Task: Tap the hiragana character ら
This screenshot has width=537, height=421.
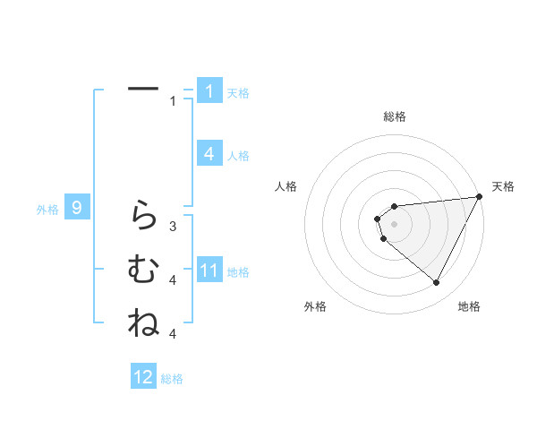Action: click(x=143, y=215)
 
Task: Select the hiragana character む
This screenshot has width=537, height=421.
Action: click(x=143, y=269)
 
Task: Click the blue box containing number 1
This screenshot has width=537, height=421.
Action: click(x=209, y=91)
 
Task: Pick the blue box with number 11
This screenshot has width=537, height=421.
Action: click(x=209, y=271)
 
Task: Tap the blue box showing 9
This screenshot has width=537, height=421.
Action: click(x=78, y=209)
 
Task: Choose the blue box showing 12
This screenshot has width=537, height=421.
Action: click(x=143, y=377)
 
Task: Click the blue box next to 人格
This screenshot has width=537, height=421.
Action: click(x=209, y=154)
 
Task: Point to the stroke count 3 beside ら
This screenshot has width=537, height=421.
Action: click(x=173, y=227)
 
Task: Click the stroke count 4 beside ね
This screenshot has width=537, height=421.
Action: click(x=173, y=334)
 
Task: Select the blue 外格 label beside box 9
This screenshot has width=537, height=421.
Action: click(x=47, y=210)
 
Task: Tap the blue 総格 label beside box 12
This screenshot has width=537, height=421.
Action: click(x=172, y=379)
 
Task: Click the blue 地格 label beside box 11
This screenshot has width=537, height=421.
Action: click(x=238, y=272)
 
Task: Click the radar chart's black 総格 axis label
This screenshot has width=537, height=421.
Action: click(x=394, y=116)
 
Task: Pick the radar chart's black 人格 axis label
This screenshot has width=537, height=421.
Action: click(x=286, y=186)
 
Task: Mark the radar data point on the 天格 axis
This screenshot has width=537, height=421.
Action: click(x=480, y=198)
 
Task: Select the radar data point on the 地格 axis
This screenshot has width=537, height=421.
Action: click(x=436, y=283)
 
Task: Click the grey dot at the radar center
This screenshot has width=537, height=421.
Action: click(x=394, y=222)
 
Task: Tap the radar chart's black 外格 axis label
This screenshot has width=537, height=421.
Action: click(x=315, y=307)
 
